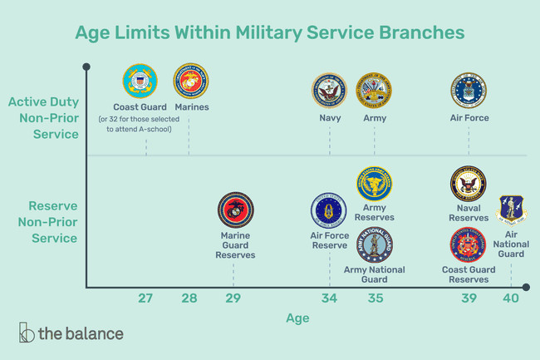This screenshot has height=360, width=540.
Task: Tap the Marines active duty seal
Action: tap(191, 81)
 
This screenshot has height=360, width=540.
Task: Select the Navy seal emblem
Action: tap(329, 91)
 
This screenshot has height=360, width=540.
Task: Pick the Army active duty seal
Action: tap(374, 91)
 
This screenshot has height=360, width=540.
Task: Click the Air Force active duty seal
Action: tap(469, 91)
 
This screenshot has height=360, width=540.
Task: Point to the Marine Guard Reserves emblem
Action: tap(236, 210)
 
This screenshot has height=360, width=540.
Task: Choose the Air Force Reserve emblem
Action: tap(328, 210)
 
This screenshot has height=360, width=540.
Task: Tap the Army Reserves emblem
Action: tap(375, 184)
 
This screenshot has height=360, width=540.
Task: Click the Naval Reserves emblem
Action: tap(469, 184)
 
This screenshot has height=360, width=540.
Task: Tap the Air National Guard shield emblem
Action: tap(510, 210)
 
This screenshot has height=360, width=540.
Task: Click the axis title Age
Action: tap(297, 318)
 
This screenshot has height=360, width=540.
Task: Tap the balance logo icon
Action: tap(27, 332)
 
